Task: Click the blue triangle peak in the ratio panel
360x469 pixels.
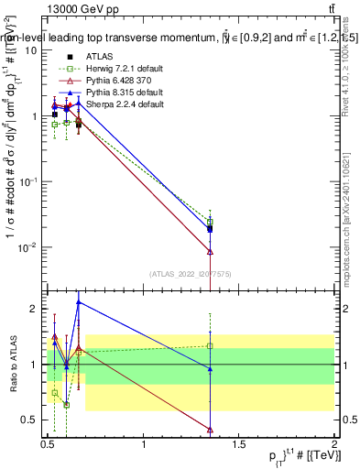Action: coord(79,301)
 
